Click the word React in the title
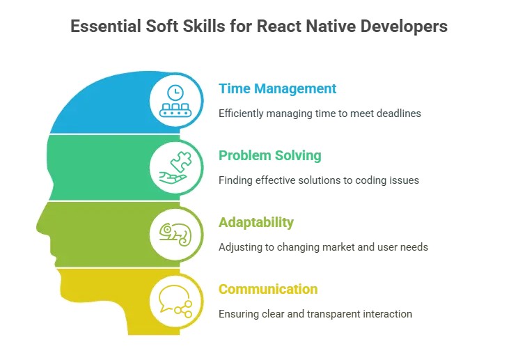click(278, 26)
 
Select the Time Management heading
click(277, 88)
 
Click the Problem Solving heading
click(269, 155)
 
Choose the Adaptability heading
click(256, 222)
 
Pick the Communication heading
click(268, 289)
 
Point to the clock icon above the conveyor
click(175, 93)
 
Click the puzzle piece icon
click(181, 162)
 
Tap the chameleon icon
click(175, 235)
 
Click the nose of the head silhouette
click(38, 226)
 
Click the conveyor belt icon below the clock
click(175, 110)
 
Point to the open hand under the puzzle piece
click(173, 178)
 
